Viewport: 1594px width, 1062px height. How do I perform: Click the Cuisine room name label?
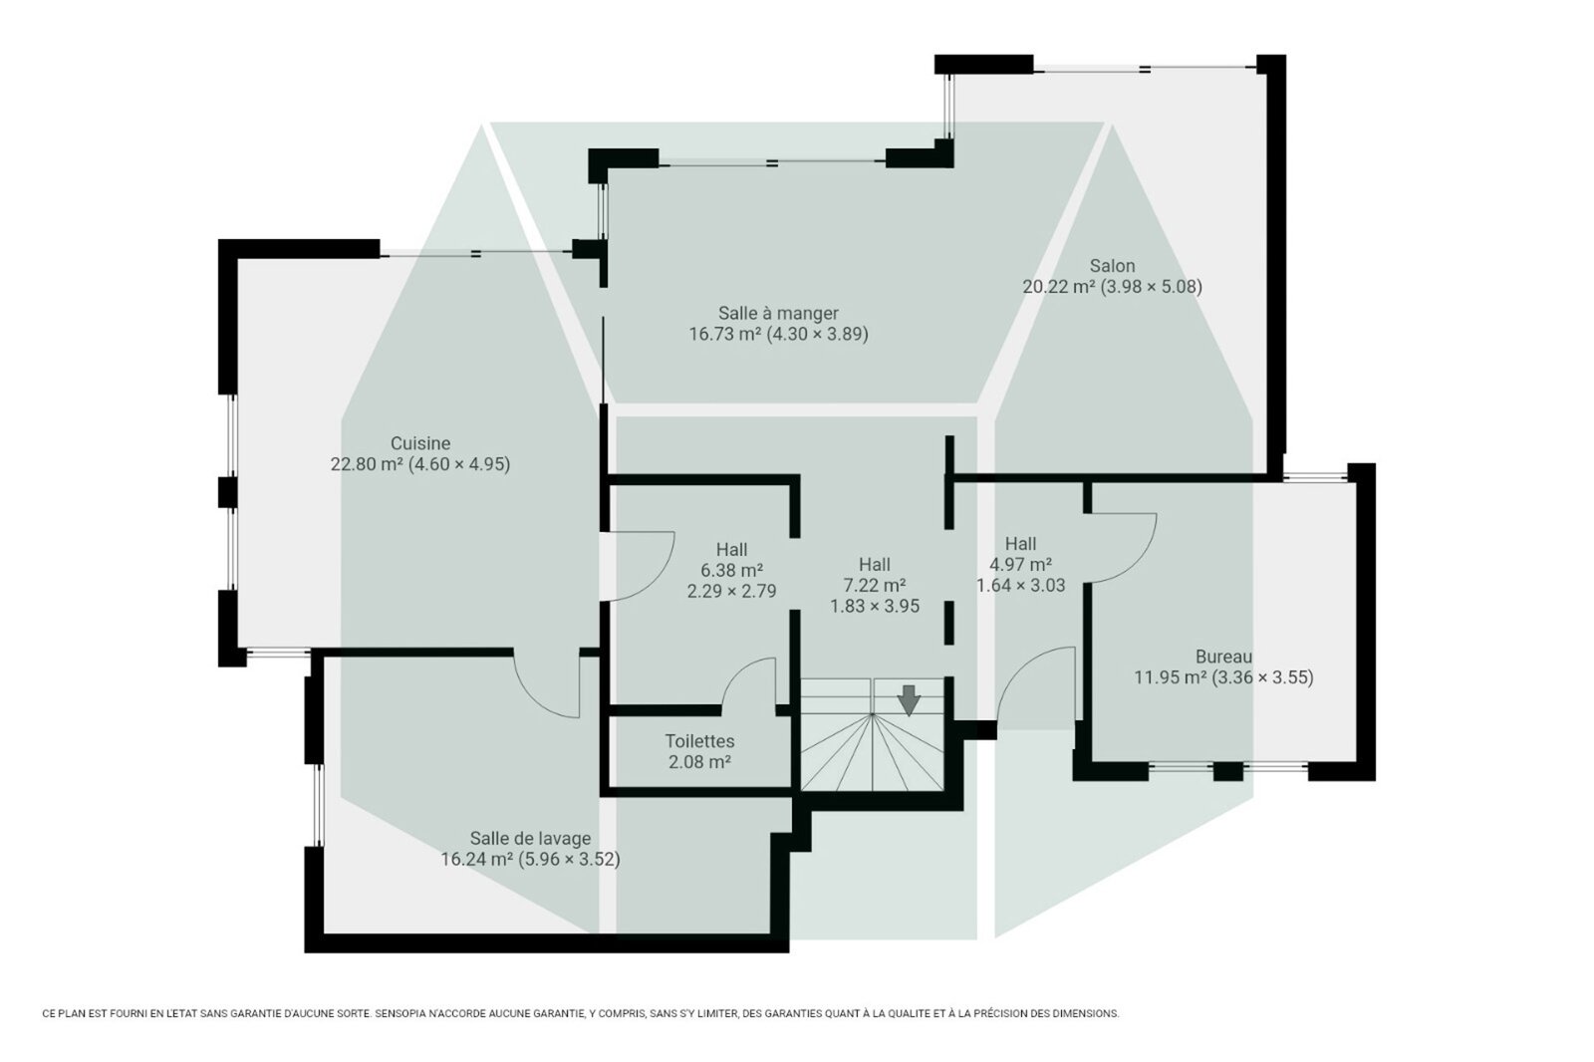pyautogui.click(x=419, y=443)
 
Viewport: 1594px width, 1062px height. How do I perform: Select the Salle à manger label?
pyautogui.click(x=778, y=313)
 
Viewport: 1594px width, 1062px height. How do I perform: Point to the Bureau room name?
pyautogui.click(x=1223, y=657)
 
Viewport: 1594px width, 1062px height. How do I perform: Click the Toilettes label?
pyautogui.click(x=699, y=741)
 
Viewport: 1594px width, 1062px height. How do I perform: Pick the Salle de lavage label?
pyautogui.click(x=530, y=839)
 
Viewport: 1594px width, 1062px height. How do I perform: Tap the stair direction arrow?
pyautogui.click(x=909, y=700)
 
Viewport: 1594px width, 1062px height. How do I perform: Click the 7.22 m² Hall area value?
pyautogui.click(x=875, y=585)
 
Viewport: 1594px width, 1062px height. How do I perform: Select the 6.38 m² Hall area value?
pyautogui.click(x=731, y=570)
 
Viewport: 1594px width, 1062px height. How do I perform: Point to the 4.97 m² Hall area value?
pyautogui.click(x=1020, y=565)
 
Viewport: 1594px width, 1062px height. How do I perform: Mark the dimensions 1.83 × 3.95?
pyautogui.click(x=875, y=607)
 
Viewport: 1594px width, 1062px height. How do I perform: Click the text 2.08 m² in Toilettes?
pyautogui.click(x=699, y=762)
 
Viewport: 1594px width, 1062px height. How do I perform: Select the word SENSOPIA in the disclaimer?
pyautogui.click(x=401, y=1013)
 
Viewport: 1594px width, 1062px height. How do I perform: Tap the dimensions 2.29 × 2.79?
pyautogui.click(x=731, y=591)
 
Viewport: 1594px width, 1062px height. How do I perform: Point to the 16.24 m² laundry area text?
pyautogui.click(x=477, y=859)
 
